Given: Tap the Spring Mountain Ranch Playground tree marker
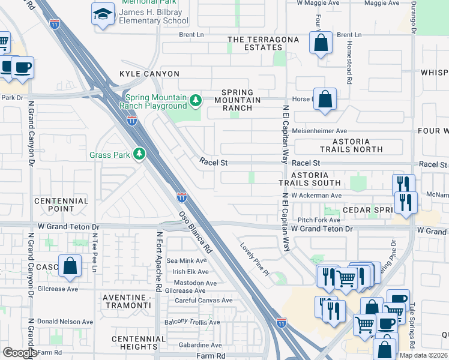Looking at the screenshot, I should [195, 100].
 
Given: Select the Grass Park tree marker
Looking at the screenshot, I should [139, 154].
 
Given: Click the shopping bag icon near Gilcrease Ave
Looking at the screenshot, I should [70, 266].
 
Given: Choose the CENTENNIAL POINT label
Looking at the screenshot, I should [61, 205].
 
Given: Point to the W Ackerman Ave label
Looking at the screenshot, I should [316, 196].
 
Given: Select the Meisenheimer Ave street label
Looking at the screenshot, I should [319, 131].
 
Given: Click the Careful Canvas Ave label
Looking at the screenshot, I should [203, 300].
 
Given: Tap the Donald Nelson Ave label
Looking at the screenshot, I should [65, 322].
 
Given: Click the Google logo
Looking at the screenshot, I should [20, 353].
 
